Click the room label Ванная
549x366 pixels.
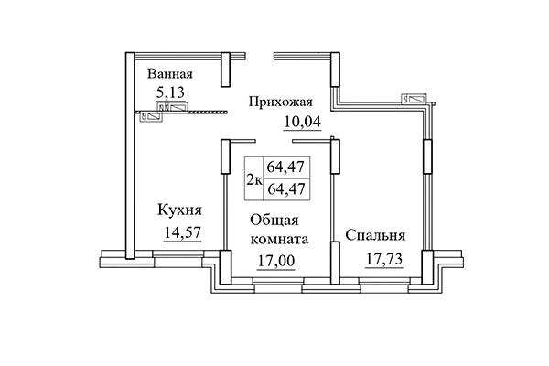[x=170, y=73]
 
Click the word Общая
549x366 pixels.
[x=279, y=221]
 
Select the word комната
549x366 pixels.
[x=279, y=240]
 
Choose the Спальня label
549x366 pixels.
[x=375, y=235]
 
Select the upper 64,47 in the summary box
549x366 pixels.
[x=285, y=167]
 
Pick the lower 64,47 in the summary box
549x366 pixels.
[x=285, y=188]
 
